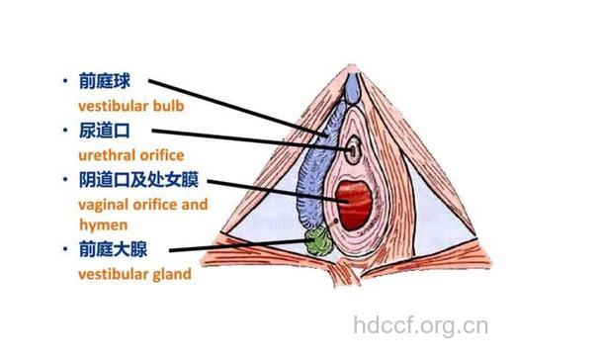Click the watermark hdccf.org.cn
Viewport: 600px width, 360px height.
420,323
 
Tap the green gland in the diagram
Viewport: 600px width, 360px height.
319,240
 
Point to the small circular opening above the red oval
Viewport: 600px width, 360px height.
353,151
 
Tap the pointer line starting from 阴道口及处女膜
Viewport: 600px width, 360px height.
277,191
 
